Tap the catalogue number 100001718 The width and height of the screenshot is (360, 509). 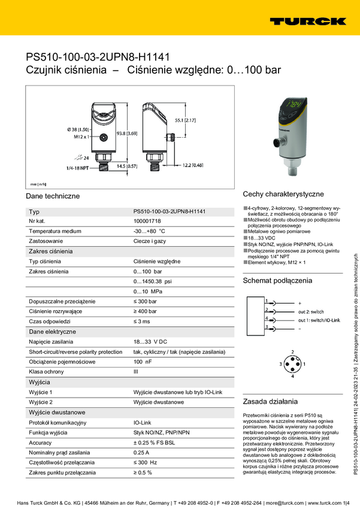(x=147, y=221)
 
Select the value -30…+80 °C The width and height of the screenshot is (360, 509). (x=149, y=231)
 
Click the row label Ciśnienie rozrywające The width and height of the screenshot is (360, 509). (x=57, y=311)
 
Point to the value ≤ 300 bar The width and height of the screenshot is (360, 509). (x=146, y=301)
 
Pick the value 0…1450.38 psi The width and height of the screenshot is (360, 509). (x=152, y=281)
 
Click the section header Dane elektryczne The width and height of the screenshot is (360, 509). (x=53, y=331)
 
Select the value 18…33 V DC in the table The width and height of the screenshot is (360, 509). (x=150, y=341)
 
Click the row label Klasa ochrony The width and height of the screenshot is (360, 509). (x=47, y=372)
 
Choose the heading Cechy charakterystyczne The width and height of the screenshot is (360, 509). (x=283, y=194)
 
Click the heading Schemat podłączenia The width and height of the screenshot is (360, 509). (x=277, y=280)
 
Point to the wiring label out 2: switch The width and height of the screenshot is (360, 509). (x=311, y=312)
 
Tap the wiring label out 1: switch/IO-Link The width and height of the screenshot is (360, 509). (x=319, y=320)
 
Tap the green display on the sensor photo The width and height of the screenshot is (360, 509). (x=292, y=104)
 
